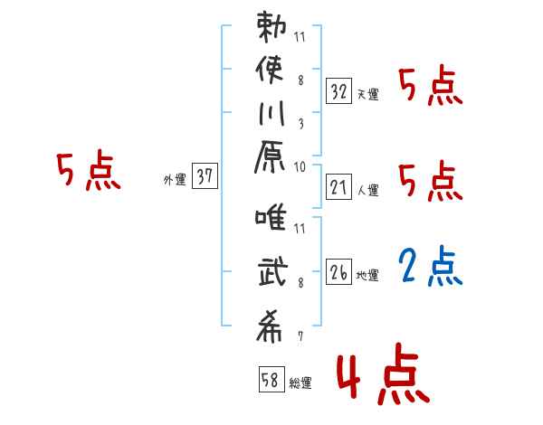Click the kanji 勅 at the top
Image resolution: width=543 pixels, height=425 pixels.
[272, 27]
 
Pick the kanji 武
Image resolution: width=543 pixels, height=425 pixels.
[272, 274]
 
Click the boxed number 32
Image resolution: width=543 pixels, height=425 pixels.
[338, 92]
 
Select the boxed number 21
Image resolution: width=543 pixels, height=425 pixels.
[338, 187]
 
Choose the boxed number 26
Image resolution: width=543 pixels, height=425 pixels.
[338, 272]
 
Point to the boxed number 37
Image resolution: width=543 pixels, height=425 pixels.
[205, 177]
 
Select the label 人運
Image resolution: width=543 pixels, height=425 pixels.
[368, 190]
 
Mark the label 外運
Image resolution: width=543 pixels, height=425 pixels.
[175, 179]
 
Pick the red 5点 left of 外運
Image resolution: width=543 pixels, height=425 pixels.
[89, 172]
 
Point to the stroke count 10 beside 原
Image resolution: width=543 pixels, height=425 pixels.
[300, 165]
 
